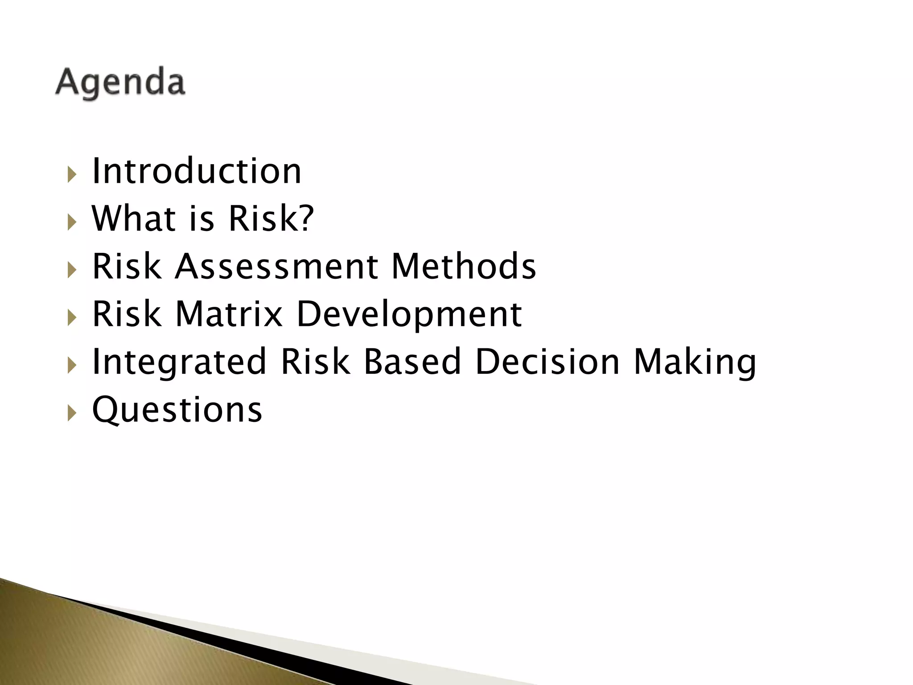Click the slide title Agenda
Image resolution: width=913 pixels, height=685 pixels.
pyautogui.click(x=120, y=82)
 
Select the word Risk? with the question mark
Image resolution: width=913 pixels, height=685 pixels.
pyautogui.click(x=271, y=219)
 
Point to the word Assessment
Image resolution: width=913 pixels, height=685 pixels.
pyautogui.click(x=276, y=266)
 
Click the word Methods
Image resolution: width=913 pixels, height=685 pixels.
pyautogui.click(x=464, y=266)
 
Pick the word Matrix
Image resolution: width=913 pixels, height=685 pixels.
pyautogui.click(x=229, y=314)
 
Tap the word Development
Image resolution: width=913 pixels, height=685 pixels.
pyautogui.click(x=409, y=315)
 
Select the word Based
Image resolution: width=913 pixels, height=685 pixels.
pyautogui.click(x=412, y=362)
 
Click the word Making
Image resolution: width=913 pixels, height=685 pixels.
pyautogui.click(x=695, y=363)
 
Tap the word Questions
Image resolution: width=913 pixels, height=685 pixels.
pyautogui.click(x=177, y=410)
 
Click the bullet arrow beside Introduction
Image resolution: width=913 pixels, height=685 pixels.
pyautogui.click(x=72, y=174)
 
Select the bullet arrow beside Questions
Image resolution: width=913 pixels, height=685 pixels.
pyautogui.click(x=72, y=413)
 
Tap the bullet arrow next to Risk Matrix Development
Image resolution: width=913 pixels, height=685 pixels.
pyautogui.click(x=72, y=318)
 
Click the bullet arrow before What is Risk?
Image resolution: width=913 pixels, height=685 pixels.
pyautogui.click(x=72, y=222)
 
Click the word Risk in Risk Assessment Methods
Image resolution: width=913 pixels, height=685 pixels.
pyautogui.click(x=127, y=266)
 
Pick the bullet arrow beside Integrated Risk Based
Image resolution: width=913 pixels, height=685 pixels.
pyautogui.click(x=72, y=365)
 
